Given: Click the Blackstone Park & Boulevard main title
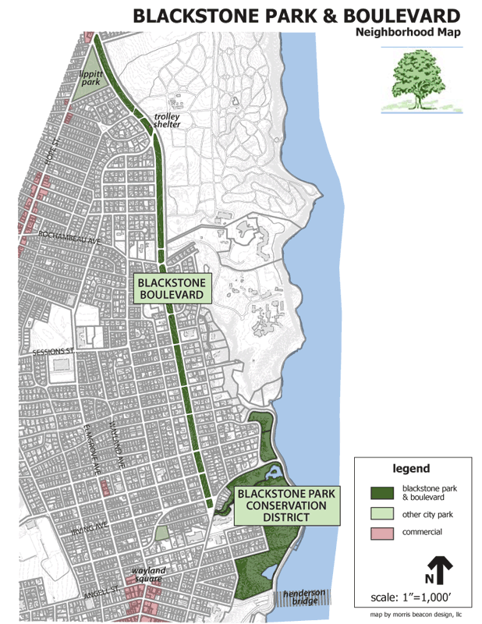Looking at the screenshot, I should tap(296, 16).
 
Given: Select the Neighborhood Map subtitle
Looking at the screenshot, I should tap(408, 33).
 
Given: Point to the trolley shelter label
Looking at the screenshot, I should tap(167, 120).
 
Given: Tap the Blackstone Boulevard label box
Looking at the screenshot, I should tap(172, 289).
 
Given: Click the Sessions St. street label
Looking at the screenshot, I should tap(52, 353).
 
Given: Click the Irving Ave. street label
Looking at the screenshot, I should tap(87, 530).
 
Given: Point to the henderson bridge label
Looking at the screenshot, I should tap(303, 597).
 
